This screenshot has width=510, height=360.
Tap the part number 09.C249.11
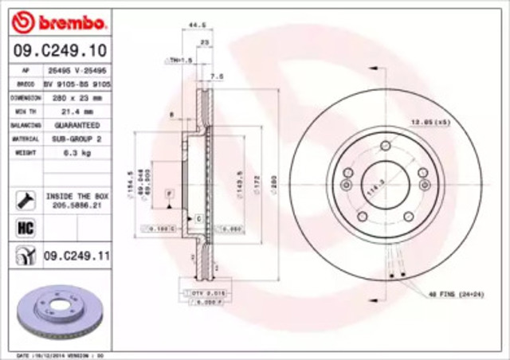pos(76,256)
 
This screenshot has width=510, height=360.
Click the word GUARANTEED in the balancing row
pos(76,125)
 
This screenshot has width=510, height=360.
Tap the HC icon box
pos(25,229)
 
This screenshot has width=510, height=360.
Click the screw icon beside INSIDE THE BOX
pos(25,199)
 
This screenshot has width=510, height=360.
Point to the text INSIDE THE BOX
pos(76,194)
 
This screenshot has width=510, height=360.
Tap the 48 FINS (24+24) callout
pos(457,295)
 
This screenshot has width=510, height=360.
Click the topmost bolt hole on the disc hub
pos(386,145)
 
